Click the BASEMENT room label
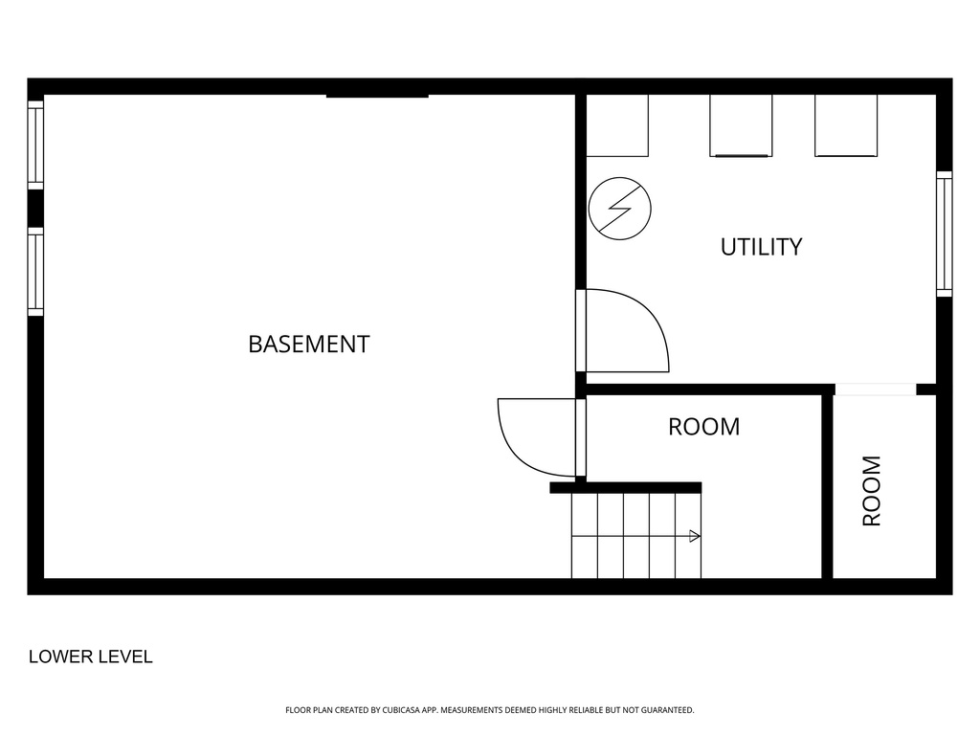point(309,345)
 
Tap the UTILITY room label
point(761,247)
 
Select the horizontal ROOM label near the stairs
point(703,427)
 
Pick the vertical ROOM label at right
point(871,491)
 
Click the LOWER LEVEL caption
point(91,657)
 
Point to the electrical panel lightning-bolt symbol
point(619,209)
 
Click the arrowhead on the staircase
point(695,536)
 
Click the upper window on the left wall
point(35,145)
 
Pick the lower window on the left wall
point(35,271)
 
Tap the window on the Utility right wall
point(944,234)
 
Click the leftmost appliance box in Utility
point(617,125)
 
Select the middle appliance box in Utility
point(741,125)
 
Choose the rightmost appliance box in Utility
point(846,125)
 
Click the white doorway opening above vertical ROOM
point(876,390)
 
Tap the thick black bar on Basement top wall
point(377,95)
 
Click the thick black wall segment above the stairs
point(626,487)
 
